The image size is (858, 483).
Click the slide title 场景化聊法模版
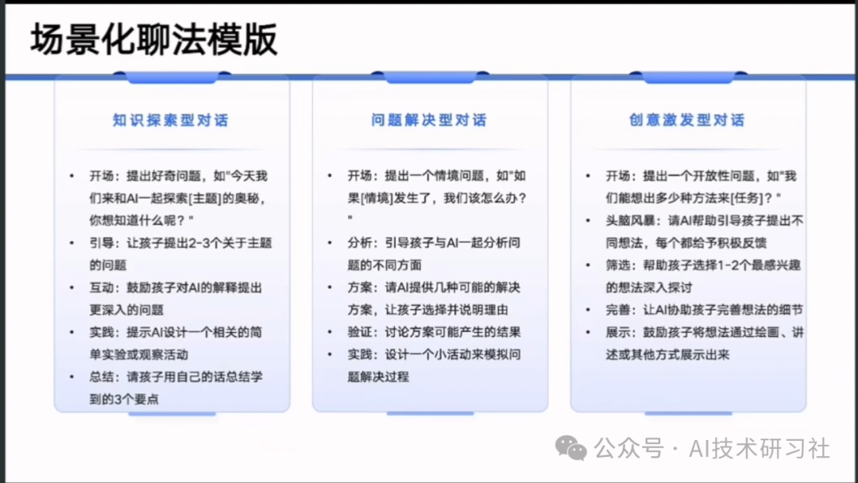[x=154, y=40]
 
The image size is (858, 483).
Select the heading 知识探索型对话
[x=171, y=120]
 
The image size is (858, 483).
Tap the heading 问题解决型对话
[x=429, y=120]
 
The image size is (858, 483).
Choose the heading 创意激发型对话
[x=687, y=120]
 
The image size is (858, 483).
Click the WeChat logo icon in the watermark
[x=570, y=449]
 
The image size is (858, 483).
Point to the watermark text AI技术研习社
[x=759, y=449]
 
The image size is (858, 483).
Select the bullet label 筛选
[x=618, y=265]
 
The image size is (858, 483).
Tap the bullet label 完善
[x=618, y=310]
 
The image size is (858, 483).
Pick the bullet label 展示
[x=618, y=333]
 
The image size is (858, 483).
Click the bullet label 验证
[x=360, y=332]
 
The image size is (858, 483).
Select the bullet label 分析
[x=360, y=243]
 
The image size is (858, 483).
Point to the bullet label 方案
[x=360, y=288]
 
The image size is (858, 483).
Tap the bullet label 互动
[x=102, y=288]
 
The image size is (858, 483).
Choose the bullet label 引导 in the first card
[x=102, y=243]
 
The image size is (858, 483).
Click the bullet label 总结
[x=102, y=377]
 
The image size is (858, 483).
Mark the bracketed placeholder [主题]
[x=203, y=199]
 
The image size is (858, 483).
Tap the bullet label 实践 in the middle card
[x=360, y=354]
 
